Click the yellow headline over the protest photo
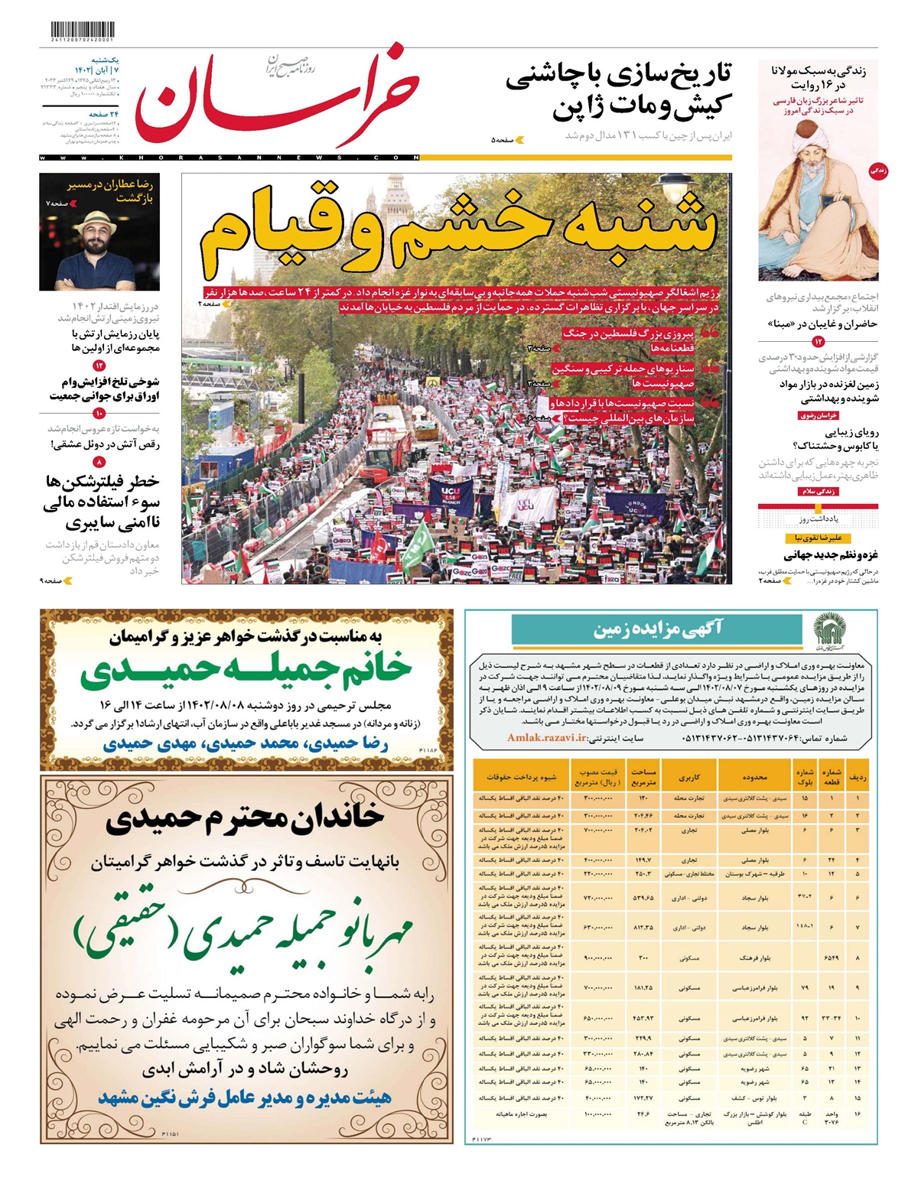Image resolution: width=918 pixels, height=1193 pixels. click(459, 229)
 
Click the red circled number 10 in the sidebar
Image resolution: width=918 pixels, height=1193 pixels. click(99, 414)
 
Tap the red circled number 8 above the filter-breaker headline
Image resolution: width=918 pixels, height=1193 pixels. click(99, 463)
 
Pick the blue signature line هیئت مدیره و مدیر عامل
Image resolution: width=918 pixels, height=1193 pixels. click(245, 1097)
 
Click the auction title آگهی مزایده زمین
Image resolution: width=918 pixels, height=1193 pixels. click(658, 630)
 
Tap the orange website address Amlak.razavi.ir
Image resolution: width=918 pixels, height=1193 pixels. click(546, 738)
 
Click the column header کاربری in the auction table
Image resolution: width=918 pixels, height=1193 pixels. click(688, 777)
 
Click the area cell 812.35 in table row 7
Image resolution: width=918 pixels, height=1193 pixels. click(643, 928)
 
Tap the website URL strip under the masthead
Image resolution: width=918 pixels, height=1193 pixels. click(229, 158)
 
